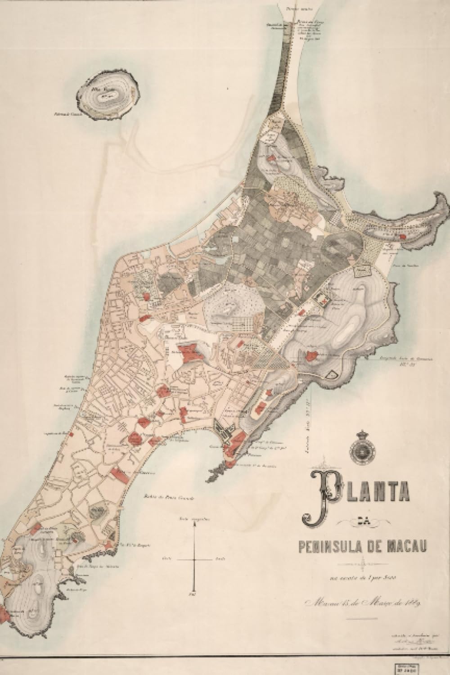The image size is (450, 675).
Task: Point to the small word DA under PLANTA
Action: click(x=363, y=522)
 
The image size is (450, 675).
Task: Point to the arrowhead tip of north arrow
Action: click(x=194, y=522)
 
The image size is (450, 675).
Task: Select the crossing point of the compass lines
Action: click(x=194, y=559)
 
